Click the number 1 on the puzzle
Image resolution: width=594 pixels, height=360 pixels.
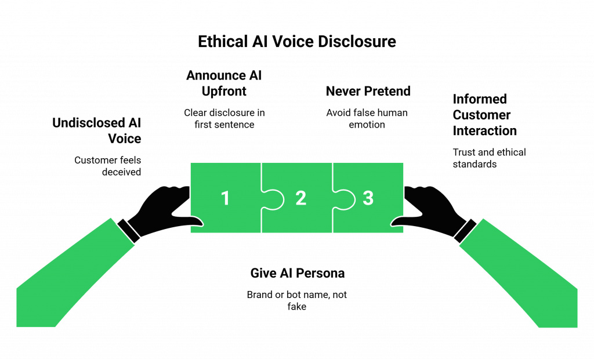click(225, 198)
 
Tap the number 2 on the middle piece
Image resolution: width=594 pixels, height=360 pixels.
click(300, 198)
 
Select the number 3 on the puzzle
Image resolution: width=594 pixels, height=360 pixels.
click(368, 198)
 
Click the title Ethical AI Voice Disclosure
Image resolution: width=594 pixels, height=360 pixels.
click(296, 42)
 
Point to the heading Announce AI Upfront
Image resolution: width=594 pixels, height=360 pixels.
click(223, 83)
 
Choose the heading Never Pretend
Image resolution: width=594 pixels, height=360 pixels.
click(368, 91)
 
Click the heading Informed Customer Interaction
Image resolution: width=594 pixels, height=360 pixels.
click(485, 115)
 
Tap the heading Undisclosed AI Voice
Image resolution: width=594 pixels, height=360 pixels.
click(97, 130)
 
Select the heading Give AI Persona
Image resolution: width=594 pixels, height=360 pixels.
click(298, 273)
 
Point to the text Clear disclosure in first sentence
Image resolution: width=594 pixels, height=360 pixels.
click(224, 118)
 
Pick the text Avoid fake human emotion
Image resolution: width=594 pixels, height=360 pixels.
click(367, 118)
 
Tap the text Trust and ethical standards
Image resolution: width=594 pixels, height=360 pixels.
click(489, 158)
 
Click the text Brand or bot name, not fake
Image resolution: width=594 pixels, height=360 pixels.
click(297, 300)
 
